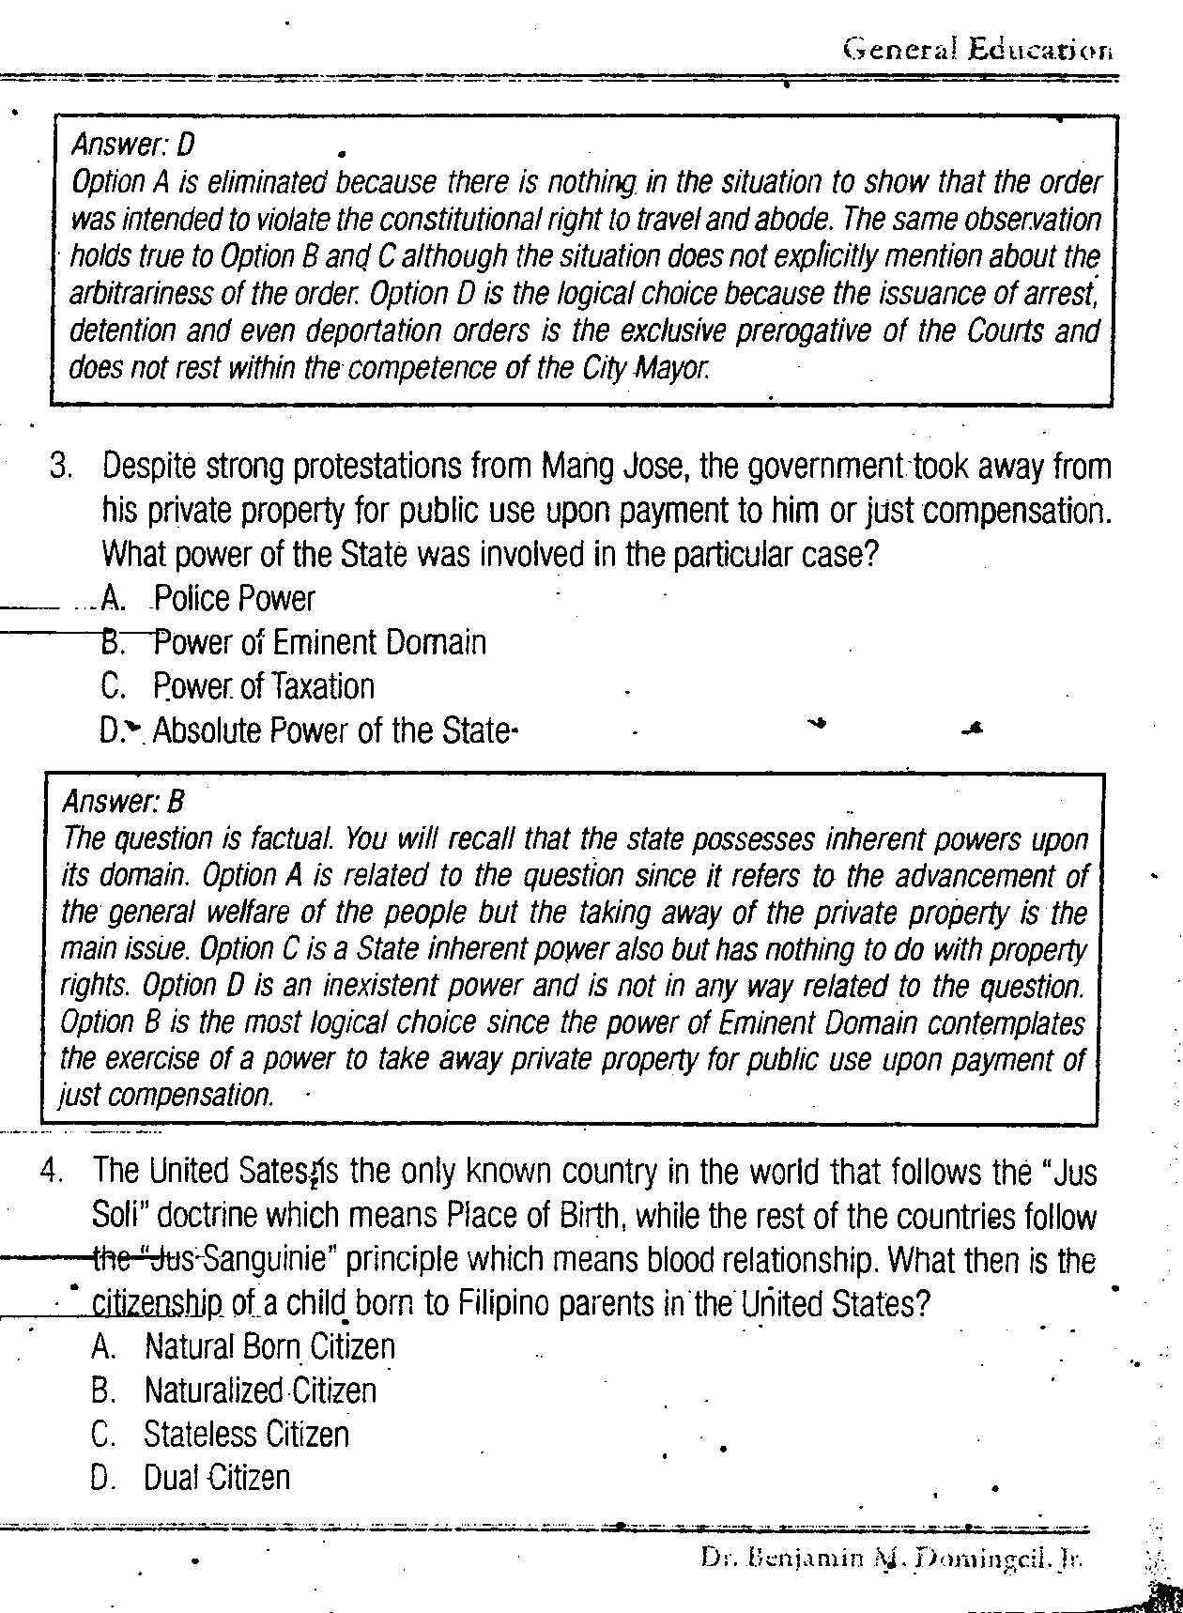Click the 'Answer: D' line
[x=132, y=145]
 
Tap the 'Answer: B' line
[x=123, y=801]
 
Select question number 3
[x=62, y=467]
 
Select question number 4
[x=53, y=1172]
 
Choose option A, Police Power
[x=234, y=599]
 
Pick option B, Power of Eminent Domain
[x=319, y=643]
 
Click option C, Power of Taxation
[x=263, y=687]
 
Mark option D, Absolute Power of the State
[x=334, y=730]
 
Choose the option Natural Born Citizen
[x=269, y=1347]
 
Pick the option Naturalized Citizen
[x=260, y=1390]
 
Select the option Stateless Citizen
[x=246, y=1435]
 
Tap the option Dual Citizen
[x=217, y=1478]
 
